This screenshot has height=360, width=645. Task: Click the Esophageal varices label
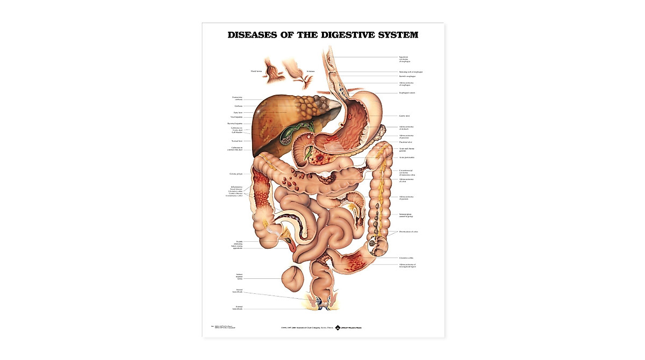(407, 93)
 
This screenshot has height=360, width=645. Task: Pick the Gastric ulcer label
(405, 116)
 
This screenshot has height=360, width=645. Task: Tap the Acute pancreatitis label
(406, 157)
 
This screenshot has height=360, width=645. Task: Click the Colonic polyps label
(236, 174)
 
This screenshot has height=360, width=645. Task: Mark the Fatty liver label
(238, 112)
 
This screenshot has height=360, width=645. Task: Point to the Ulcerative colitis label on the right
(406, 258)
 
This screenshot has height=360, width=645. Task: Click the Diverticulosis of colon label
(408, 232)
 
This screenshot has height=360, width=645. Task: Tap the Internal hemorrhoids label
(237, 291)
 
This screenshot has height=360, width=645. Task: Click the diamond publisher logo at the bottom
(338, 327)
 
